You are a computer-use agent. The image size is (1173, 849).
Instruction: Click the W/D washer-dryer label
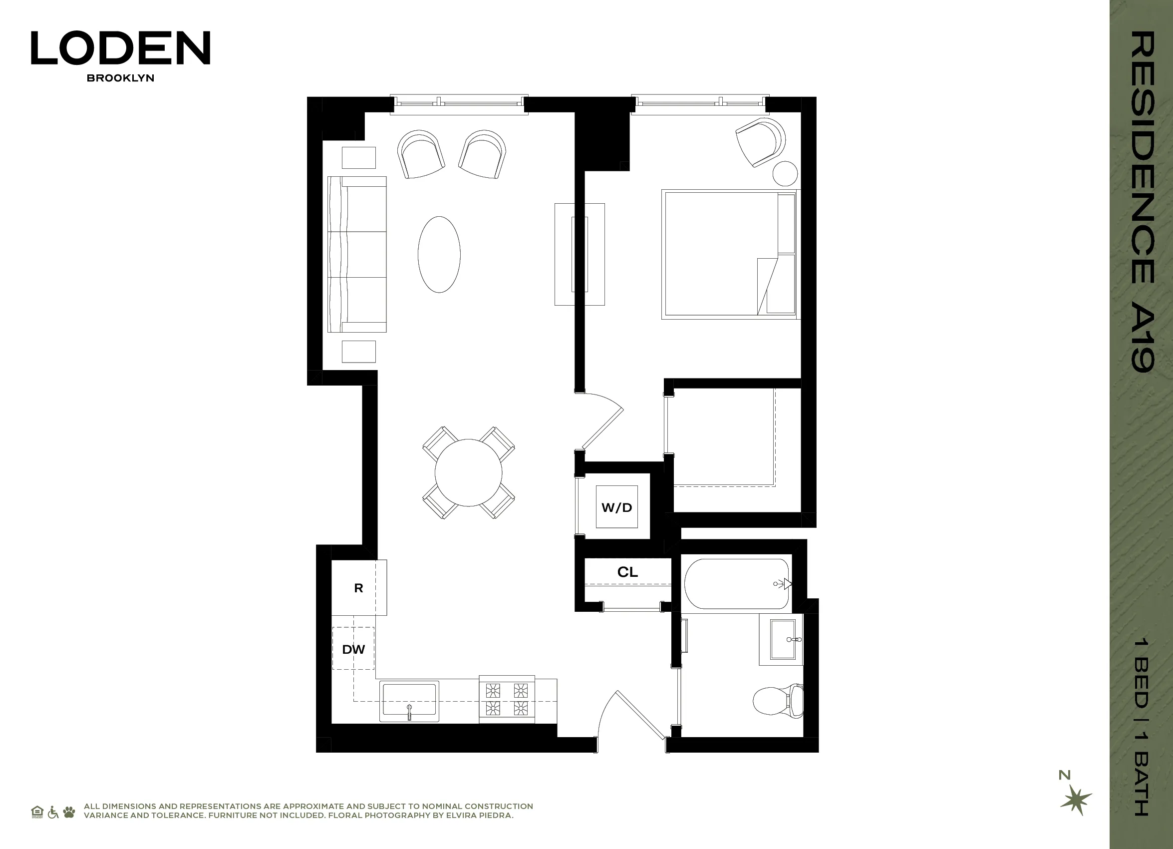616,507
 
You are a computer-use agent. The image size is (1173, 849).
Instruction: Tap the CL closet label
627,572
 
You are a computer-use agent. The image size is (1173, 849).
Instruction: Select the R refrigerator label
358,588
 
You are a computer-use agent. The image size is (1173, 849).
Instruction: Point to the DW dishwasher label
353,649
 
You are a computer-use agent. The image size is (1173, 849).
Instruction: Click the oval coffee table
439,255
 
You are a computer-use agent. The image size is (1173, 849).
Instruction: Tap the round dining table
468,472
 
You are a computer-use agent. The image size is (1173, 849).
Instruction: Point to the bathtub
736,584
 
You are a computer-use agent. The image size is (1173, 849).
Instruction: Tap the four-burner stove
507,699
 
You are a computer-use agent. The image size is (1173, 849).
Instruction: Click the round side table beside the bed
785,173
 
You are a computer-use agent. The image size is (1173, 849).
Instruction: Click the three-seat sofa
357,254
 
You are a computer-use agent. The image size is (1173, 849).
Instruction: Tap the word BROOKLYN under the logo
120,78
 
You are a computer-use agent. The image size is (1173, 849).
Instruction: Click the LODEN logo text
120,47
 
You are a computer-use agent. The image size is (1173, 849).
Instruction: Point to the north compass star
1076,799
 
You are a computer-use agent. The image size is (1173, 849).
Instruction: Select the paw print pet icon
69,812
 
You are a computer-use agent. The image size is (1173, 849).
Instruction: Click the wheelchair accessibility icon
53,812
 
